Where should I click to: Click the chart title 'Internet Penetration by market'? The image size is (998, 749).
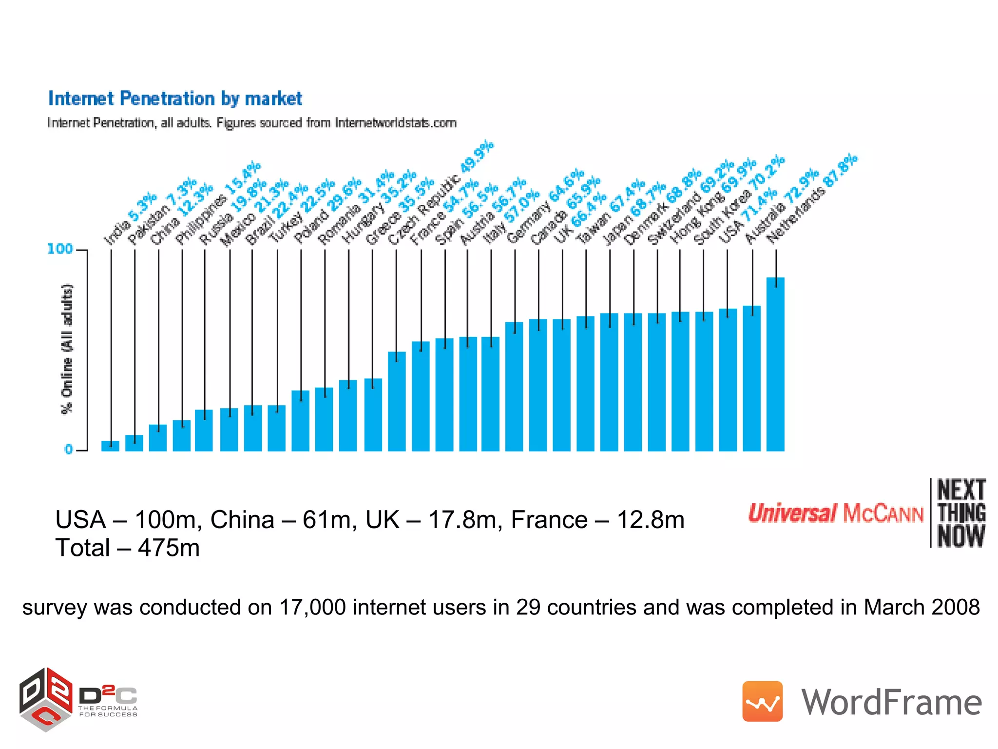175,99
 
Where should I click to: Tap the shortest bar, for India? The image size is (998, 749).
110,446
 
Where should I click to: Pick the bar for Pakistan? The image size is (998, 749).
134,443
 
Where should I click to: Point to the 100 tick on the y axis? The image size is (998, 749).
60,249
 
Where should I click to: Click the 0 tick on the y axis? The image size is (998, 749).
69,449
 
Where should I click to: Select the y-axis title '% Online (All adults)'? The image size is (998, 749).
67,348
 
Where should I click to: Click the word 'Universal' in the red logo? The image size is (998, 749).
792,513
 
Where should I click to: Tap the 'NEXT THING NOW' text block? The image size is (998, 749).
961,513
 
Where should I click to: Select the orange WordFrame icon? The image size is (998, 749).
762,701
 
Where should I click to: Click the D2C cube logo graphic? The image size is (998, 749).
46,699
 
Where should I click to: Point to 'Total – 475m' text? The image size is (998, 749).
127,548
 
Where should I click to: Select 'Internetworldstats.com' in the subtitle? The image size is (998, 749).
395,122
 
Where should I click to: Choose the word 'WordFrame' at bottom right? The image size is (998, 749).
891,702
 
